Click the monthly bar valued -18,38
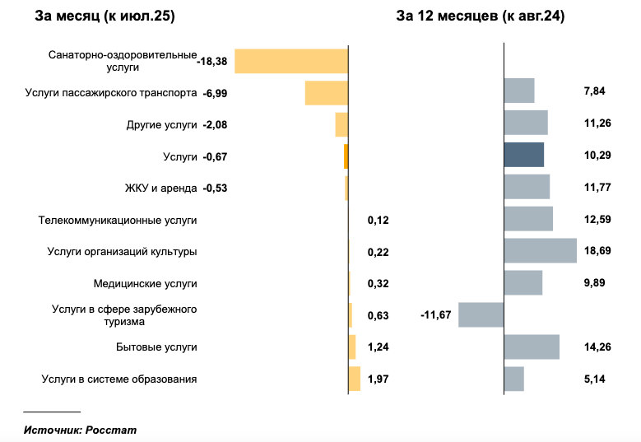click(x=291, y=61)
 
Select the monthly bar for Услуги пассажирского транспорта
click(x=327, y=93)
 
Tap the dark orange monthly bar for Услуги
click(x=346, y=156)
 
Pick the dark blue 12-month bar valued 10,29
click(x=524, y=155)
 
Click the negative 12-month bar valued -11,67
click(x=481, y=315)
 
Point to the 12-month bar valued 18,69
click(x=540, y=251)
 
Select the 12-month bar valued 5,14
click(x=513, y=379)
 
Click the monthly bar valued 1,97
click(x=355, y=379)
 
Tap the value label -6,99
click(x=215, y=93)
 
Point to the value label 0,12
click(x=379, y=220)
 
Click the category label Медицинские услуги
click(x=146, y=283)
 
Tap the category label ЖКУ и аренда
click(x=162, y=188)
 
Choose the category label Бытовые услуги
click(x=156, y=347)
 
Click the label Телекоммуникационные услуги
click(x=118, y=220)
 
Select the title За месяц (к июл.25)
click(x=105, y=16)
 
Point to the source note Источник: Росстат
click(x=80, y=430)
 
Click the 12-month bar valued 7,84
click(x=518, y=91)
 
